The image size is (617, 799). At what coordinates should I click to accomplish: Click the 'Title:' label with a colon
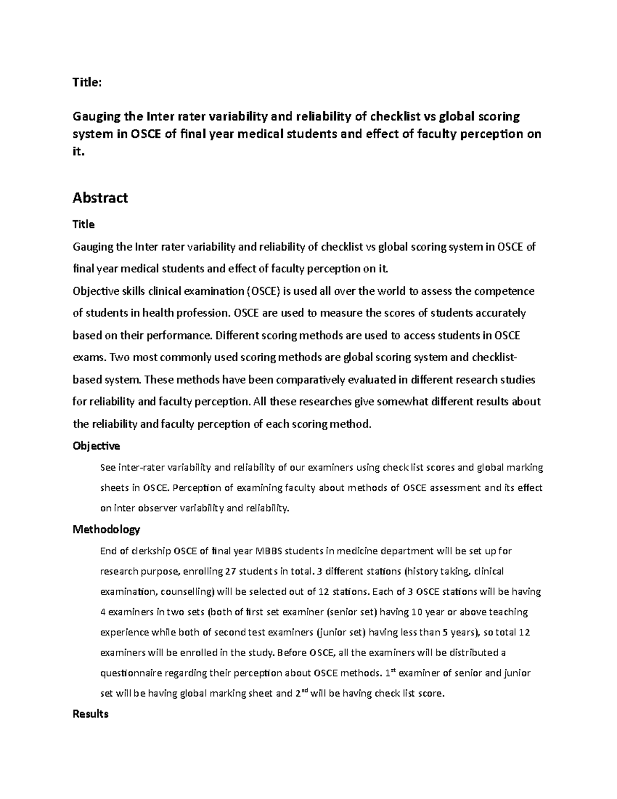pos(87,82)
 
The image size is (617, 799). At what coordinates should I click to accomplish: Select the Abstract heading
pos(100,198)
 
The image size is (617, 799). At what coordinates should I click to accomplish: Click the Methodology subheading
pos(106,529)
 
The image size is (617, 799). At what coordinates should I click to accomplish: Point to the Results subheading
pos(90,714)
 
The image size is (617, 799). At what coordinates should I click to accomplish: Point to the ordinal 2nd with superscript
pos(301,693)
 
